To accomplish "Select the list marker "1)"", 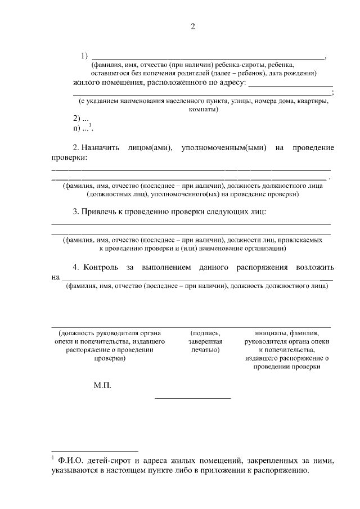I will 84,56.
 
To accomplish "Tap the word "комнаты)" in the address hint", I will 204,110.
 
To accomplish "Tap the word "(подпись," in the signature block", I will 205,332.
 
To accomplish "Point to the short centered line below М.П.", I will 192,399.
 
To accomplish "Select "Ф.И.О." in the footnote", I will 70,461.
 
